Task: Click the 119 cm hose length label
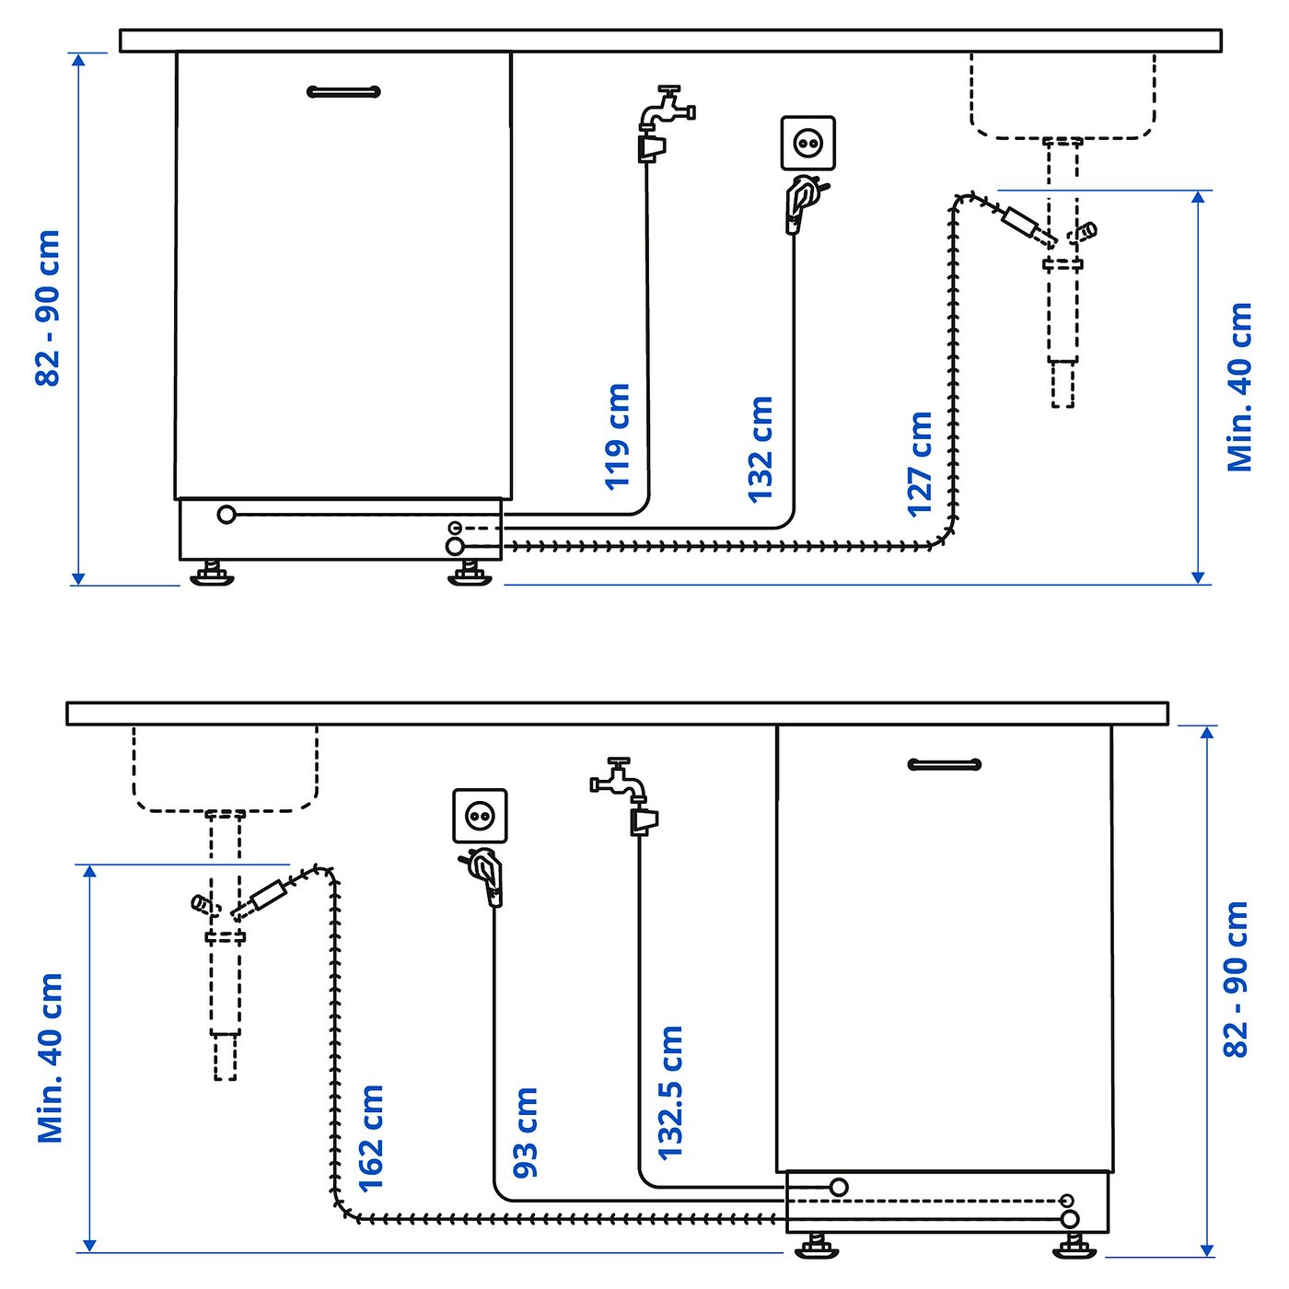coord(618,435)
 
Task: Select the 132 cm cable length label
coord(761,448)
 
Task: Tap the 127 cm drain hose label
coord(920,463)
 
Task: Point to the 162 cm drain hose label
coord(370,1137)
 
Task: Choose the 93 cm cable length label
coord(526,1132)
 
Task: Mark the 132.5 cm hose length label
coord(670,1092)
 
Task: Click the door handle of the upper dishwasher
coord(343,91)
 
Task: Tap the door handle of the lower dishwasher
coord(945,764)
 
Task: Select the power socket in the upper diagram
coord(807,143)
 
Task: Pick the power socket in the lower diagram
coord(480,815)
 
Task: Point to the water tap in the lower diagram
coord(620,781)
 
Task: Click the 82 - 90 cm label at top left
coord(48,308)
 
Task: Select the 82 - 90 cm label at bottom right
coord(1236,979)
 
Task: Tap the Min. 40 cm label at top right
coord(1240,387)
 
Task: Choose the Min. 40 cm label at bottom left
coord(51,1058)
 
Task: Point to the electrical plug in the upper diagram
coord(800,202)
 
